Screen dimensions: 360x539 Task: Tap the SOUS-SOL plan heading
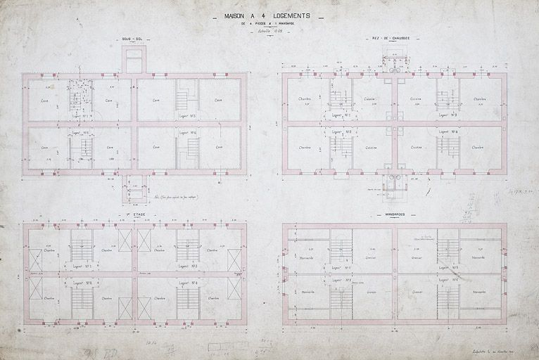tap(132, 39)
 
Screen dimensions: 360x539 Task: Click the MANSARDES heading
tap(394, 214)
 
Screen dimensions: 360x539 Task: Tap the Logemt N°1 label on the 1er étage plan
tap(82, 267)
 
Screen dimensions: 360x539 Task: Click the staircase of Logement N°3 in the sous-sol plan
tap(187, 95)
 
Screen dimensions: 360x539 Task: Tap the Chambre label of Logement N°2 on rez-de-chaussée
tap(305, 148)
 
